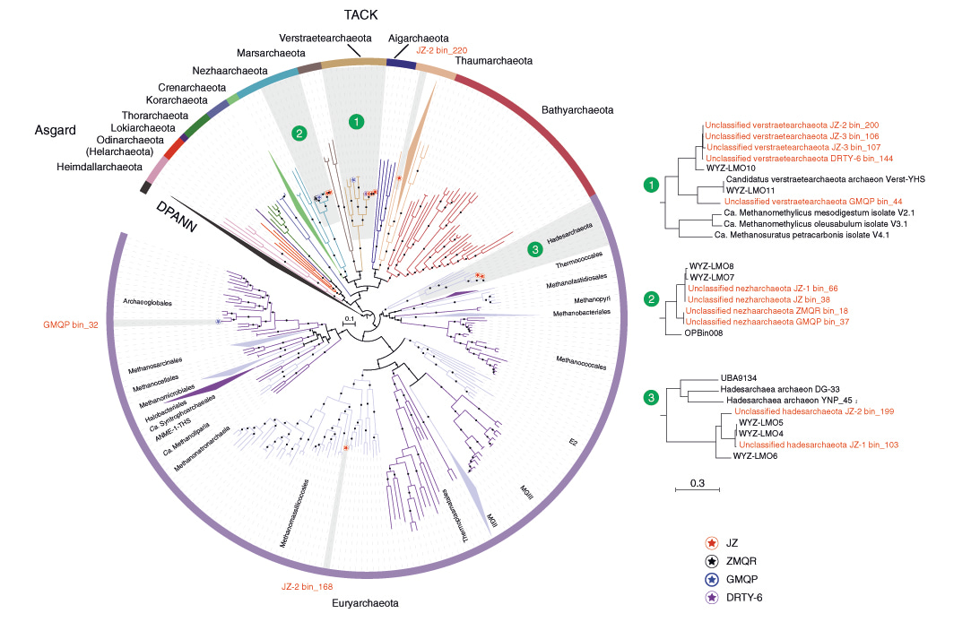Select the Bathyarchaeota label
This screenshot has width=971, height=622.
[578, 110]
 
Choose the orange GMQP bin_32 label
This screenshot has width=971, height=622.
[73, 323]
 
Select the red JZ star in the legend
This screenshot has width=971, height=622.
[711, 543]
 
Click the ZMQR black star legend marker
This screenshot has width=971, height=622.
[711, 561]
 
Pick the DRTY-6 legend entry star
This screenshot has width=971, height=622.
[711, 597]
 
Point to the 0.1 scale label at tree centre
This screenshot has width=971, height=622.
[349, 318]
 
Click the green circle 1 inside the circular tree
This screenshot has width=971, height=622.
[357, 121]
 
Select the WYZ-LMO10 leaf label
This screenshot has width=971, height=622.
[724, 168]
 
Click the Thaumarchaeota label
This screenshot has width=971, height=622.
[494, 61]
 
